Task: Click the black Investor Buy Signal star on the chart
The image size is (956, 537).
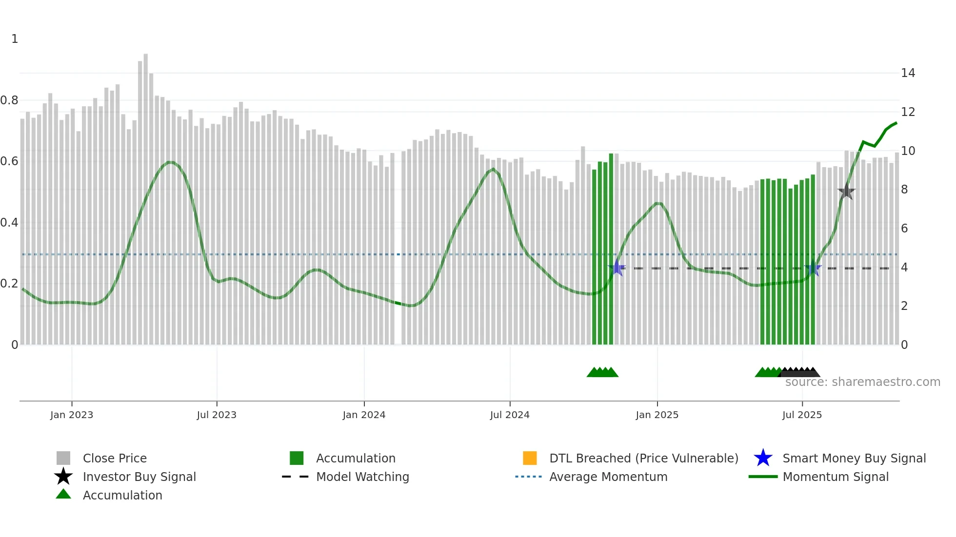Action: click(846, 192)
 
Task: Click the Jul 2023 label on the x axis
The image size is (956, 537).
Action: click(217, 415)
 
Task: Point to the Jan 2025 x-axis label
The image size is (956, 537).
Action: click(657, 415)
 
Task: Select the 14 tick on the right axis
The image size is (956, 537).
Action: click(908, 73)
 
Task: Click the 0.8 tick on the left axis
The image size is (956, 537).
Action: click(9, 100)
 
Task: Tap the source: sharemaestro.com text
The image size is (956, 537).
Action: click(862, 382)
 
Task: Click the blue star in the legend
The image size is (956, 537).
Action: click(763, 458)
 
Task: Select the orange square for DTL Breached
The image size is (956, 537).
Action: click(530, 458)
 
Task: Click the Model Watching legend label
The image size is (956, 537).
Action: click(362, 477)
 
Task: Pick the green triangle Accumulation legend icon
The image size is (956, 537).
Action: click(63, 495)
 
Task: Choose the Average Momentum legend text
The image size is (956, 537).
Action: click(608, 477)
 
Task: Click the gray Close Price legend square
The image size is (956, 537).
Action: click(63, 458)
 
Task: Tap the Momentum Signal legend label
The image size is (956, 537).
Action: click(836, 477)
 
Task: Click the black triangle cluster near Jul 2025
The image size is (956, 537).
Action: click(799, 373)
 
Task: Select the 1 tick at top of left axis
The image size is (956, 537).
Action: click(15, 39)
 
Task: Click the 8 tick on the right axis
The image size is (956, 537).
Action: click(904, 190)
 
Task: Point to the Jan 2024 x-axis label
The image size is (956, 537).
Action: click(364, 415)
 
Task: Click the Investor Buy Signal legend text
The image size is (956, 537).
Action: click(139, 477)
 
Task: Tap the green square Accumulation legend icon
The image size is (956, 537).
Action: click(297, 458)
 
